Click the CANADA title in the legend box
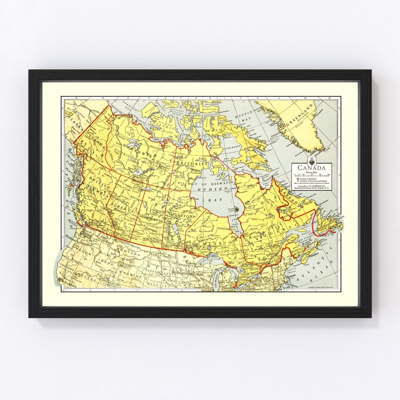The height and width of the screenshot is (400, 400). coord(311,168)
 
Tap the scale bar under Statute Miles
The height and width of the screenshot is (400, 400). coord(311,174)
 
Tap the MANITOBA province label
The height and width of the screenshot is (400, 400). coord(182,215)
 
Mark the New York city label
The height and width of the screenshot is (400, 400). coord(283,288)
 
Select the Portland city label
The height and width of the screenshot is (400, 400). coord(69,236)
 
